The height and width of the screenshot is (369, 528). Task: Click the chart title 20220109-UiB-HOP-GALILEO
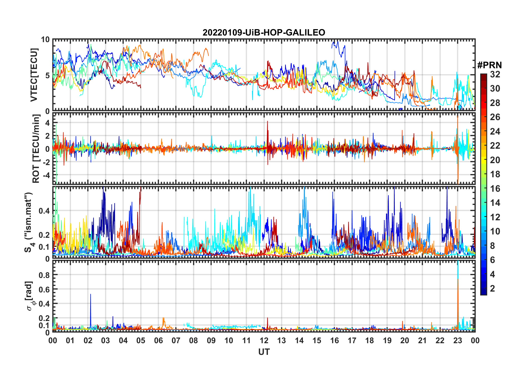(x=264, y=33)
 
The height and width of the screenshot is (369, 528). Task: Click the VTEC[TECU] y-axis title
(x=34, y=75)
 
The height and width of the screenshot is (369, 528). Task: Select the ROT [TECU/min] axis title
(x=36, y=149)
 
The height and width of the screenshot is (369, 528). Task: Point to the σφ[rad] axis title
(x=29, y=296)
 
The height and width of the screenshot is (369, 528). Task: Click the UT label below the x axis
(x=264, y=352)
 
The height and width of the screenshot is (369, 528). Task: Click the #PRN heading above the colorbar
(x=489, y=65)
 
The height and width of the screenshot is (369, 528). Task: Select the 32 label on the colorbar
(x=495, y=74)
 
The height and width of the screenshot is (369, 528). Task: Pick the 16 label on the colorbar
(x=495, y=189)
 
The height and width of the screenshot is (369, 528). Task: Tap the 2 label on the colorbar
(x=492, y=289)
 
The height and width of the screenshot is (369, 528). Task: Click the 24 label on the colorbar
(x=495, y=132)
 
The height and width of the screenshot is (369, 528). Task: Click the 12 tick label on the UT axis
(x=264, y=340)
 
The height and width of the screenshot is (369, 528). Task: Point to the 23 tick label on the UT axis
(x=457, y=340)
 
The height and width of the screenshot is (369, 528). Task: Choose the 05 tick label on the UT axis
(x=141, y=340)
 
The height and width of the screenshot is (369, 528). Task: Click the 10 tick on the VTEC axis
(x=46, y=40)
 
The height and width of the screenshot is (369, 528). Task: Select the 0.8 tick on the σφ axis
(x=44, y=275)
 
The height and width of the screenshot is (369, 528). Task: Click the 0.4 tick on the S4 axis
(x=44, y=211)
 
